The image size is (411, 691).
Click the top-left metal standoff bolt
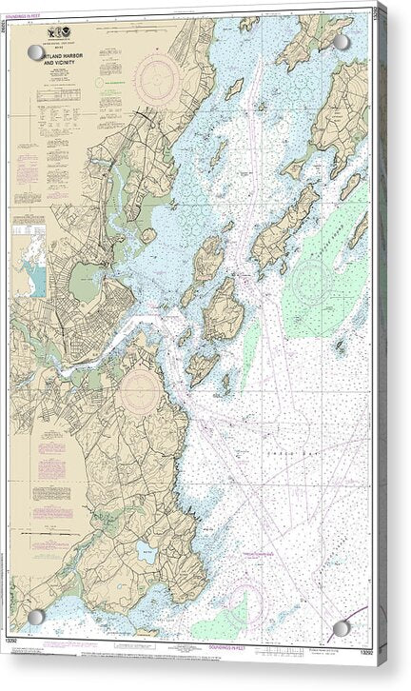pyautogui.click(x=36, y=52)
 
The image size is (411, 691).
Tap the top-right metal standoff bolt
pyautogui.click(x=342, y=43)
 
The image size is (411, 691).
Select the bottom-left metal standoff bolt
pyautogui.click(x=36, y=616)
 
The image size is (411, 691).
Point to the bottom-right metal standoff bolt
pyautogui.click(x=342, y=628)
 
